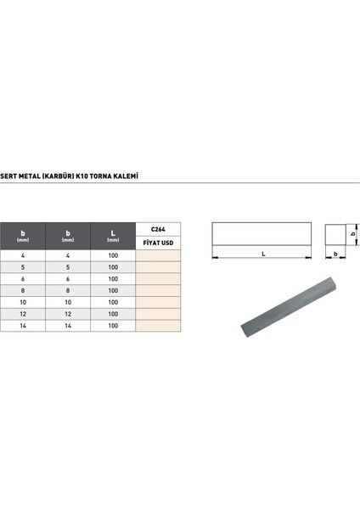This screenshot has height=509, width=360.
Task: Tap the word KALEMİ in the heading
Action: [x=127, y=177]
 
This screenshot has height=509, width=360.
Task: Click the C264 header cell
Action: [x=158, y=229]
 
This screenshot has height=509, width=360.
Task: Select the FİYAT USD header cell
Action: [x=158, y=243]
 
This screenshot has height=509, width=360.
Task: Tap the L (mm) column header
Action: [x=114, y=235]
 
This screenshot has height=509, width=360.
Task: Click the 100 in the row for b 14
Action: [x=114, y=325]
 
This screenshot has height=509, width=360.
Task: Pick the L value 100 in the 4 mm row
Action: [x=114, y=255]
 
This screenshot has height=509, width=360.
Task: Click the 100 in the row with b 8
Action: [x=114, y=289]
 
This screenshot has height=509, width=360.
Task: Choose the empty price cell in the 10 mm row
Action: [x=158, y=301]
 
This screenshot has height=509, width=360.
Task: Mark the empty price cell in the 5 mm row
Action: [x=158, y=266]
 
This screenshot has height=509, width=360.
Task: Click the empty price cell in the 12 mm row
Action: [x=158, y=313]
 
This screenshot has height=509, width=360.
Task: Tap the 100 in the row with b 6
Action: [x=114, y=278]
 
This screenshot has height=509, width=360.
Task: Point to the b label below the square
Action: [x=336, y=253]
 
